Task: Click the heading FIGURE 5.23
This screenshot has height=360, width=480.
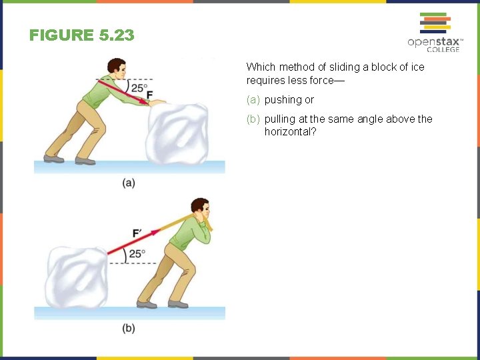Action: [81, 35]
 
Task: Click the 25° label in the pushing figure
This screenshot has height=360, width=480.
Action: [139, 87]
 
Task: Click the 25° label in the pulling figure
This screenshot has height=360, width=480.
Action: [137, 254]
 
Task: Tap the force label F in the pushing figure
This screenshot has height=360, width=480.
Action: [149, 94]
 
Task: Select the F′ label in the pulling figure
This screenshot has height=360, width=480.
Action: [137, 233]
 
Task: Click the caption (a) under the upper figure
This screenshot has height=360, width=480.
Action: [129, 183]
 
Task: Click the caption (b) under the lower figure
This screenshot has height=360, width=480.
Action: [129, 328]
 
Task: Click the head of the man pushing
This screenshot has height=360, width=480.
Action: [117, 67]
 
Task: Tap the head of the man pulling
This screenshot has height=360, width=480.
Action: [200, 208]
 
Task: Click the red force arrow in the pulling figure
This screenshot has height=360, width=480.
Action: [133, 243]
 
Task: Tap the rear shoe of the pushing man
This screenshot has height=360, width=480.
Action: [53, 159]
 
